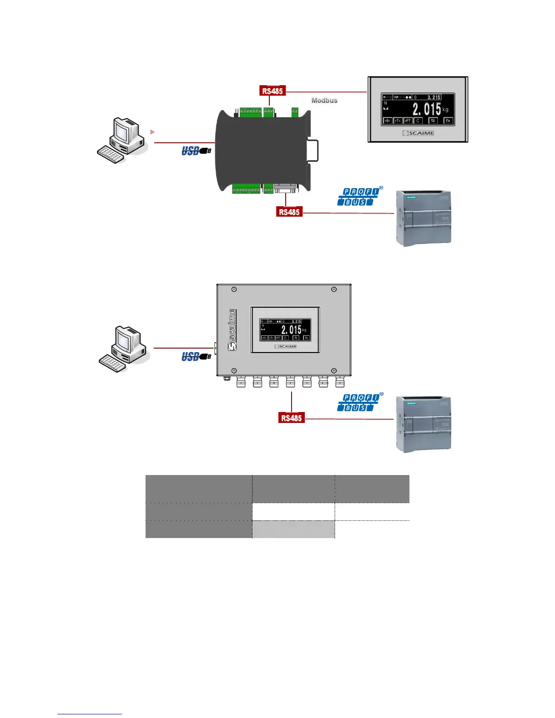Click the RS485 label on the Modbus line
point(272,91)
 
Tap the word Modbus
point(324,101)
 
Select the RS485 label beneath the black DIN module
point(289,212)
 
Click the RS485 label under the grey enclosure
point(291,418)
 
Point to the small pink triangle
point(153,132)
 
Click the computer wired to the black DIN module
point(122,141)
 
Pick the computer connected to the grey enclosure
point(124,349)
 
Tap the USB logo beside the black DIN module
point(196,150)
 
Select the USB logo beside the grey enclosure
point(196,357)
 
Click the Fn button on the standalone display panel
point(448,121)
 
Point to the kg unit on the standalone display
point(445,110)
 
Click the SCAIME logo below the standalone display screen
point(418,133)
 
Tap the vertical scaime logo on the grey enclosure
point(232,330)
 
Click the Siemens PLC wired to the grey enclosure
point(424,424)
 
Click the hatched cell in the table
point(293,529)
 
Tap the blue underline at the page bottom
point(90,714)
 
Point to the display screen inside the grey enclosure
point(285,330)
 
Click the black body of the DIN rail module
point(261,150)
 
